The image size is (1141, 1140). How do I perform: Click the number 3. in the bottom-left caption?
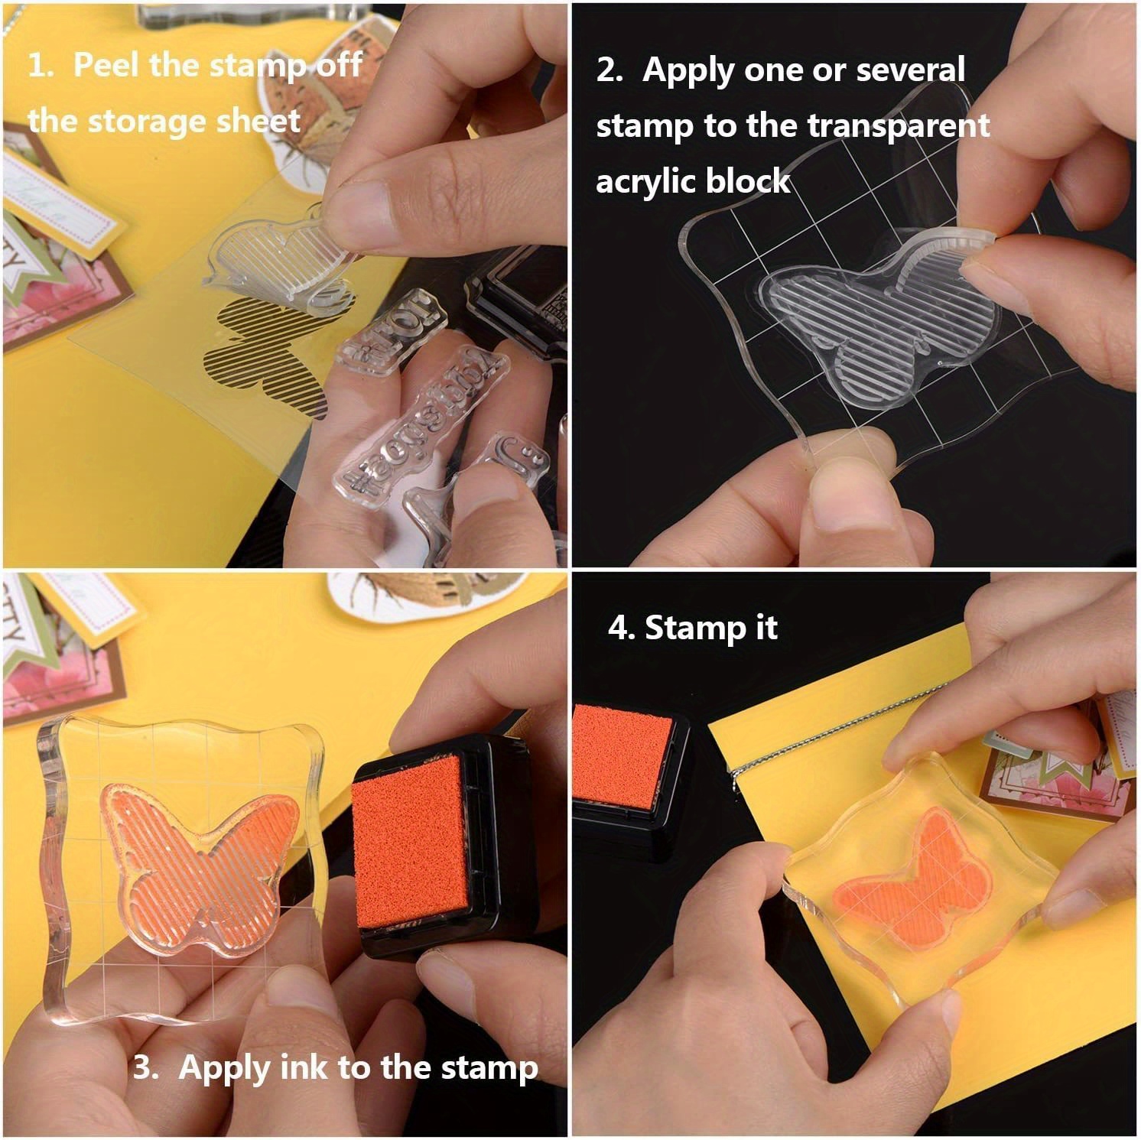click(146, 1067)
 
